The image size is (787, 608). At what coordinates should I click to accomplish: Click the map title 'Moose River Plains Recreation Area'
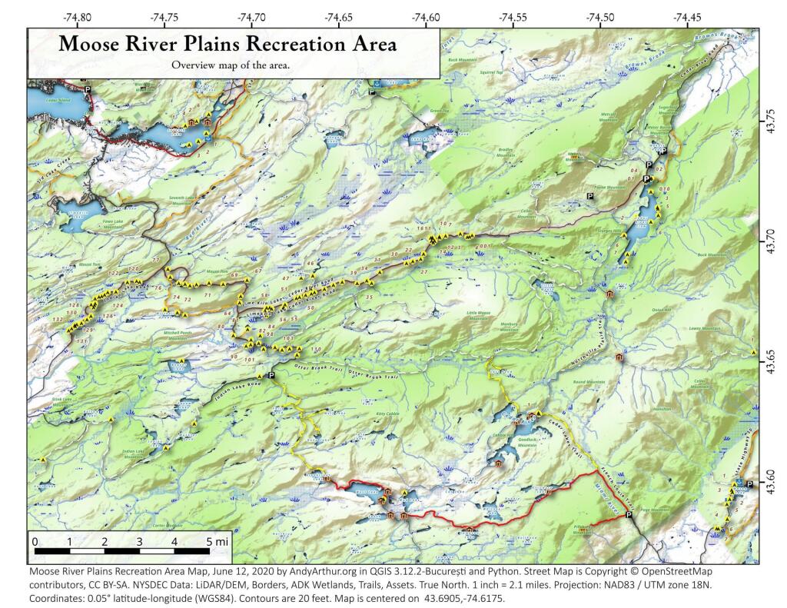(x=227, y=45)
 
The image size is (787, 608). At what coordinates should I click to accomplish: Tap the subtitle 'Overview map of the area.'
(x=231, y=65)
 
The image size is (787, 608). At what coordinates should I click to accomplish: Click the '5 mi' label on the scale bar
(x=218, y=542)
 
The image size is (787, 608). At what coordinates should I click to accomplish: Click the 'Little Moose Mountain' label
(x=479, y=316)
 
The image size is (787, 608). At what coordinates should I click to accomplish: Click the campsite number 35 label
(x=370, y=297)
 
